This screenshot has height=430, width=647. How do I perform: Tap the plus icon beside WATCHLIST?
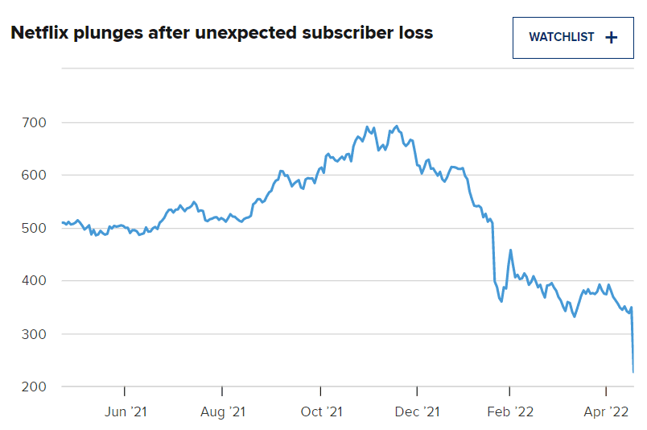click(x=612, y=37)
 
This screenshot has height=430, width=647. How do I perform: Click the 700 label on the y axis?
click(x=35, y=122)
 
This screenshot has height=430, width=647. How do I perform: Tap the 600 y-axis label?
click(x=35, y=176)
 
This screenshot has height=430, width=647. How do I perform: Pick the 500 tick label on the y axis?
click(x=35, y=229)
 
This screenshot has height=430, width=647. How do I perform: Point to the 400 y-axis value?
click(x=35, y=281)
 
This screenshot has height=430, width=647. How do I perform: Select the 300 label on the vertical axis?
click(x=35, y=334)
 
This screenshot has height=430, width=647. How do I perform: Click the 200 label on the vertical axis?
click(x=35, y=387)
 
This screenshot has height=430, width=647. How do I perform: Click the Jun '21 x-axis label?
click(x=126, y=412)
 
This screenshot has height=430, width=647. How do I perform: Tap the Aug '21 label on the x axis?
click(x=223, y=412)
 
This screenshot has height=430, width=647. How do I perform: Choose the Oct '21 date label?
click(x=321, y=412)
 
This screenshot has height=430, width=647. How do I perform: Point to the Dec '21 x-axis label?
click(x=418, y=412)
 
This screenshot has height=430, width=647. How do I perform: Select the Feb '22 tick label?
click(x=509, y=412)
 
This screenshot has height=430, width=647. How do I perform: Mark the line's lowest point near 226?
click(x=633, y=372)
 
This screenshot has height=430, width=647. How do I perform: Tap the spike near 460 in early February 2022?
click(x=510, y=250)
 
